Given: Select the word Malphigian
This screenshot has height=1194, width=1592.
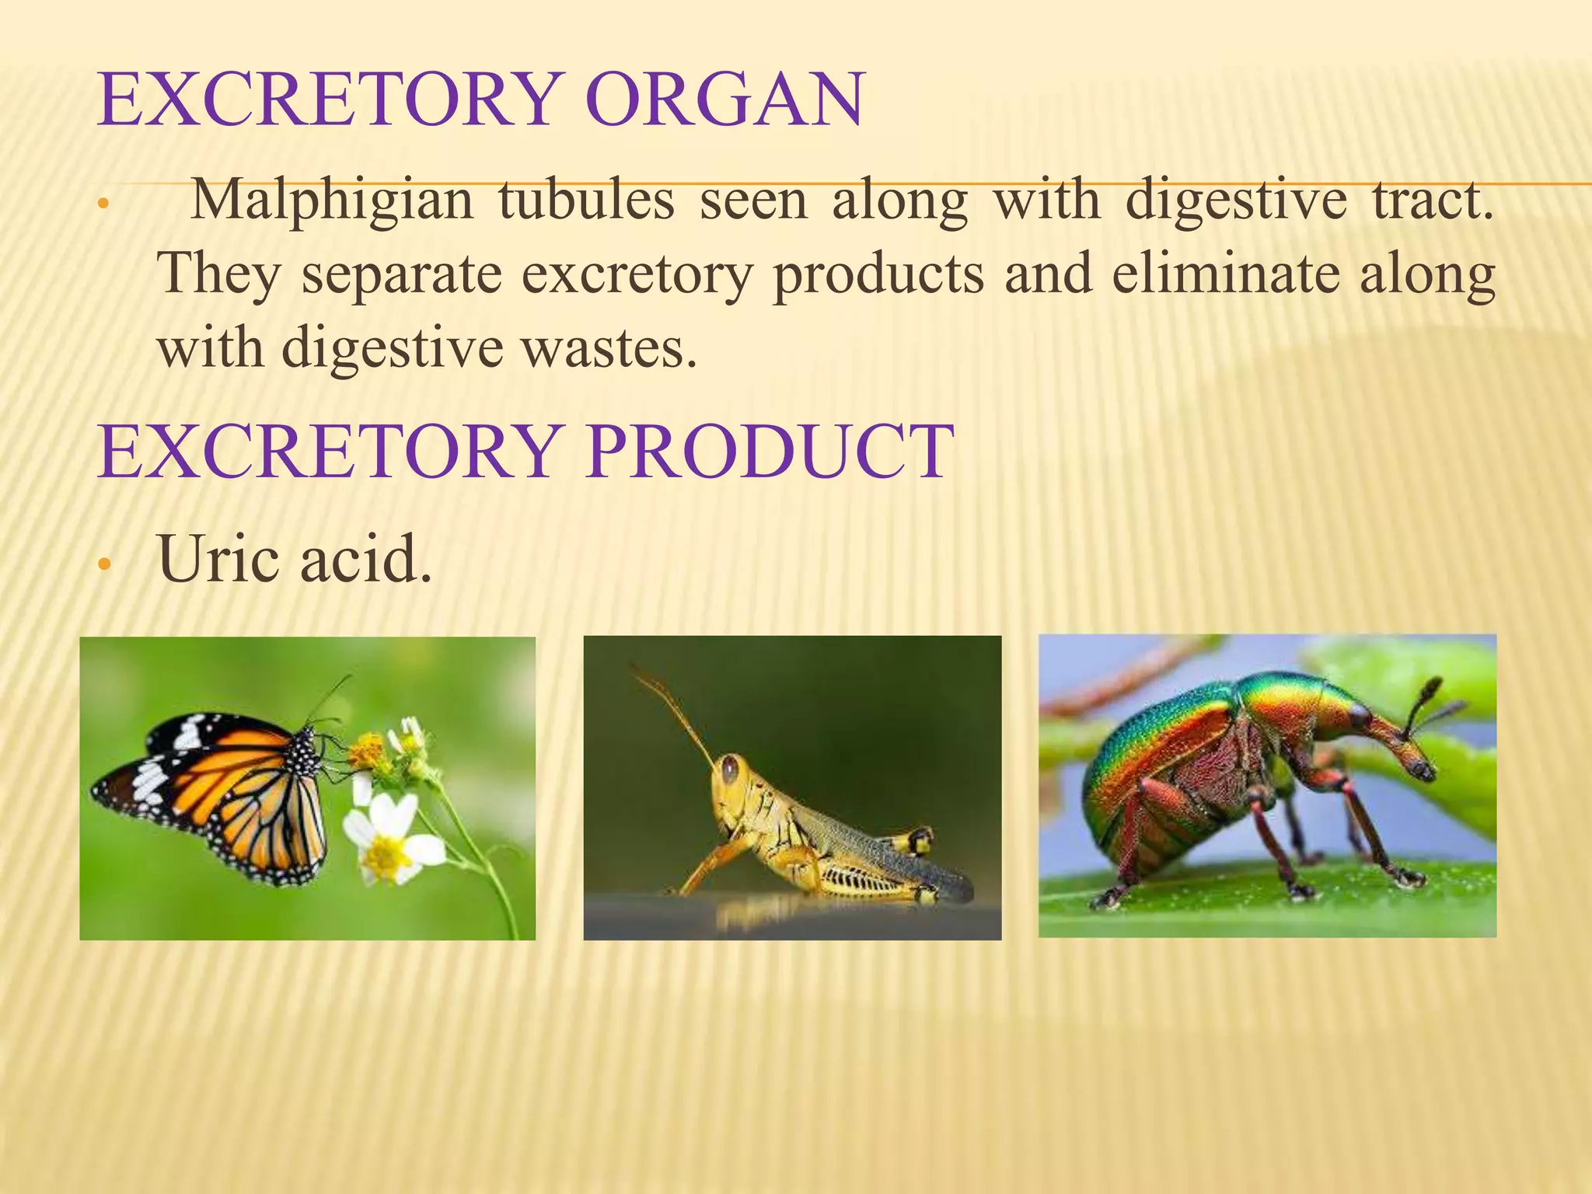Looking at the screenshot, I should (x=332, y=201).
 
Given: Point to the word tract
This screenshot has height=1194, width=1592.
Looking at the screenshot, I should (x=1432, y=201).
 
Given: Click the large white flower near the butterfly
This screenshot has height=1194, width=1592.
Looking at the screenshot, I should (x=389, y=840).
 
